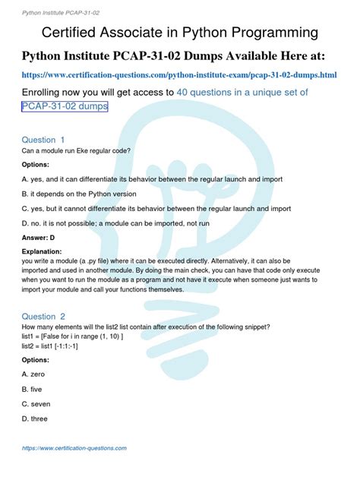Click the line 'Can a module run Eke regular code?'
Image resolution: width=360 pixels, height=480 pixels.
click(x=76, y=150)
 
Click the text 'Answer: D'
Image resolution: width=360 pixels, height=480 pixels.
click(x=43, y=237)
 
